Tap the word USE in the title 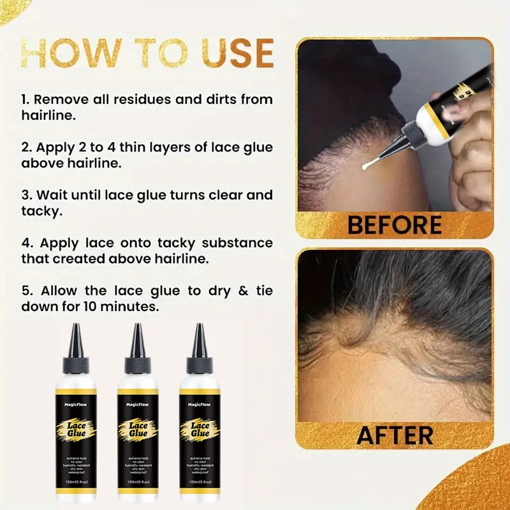pos(227,53)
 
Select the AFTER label pos(395,435)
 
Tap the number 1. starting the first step pos(26,99)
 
